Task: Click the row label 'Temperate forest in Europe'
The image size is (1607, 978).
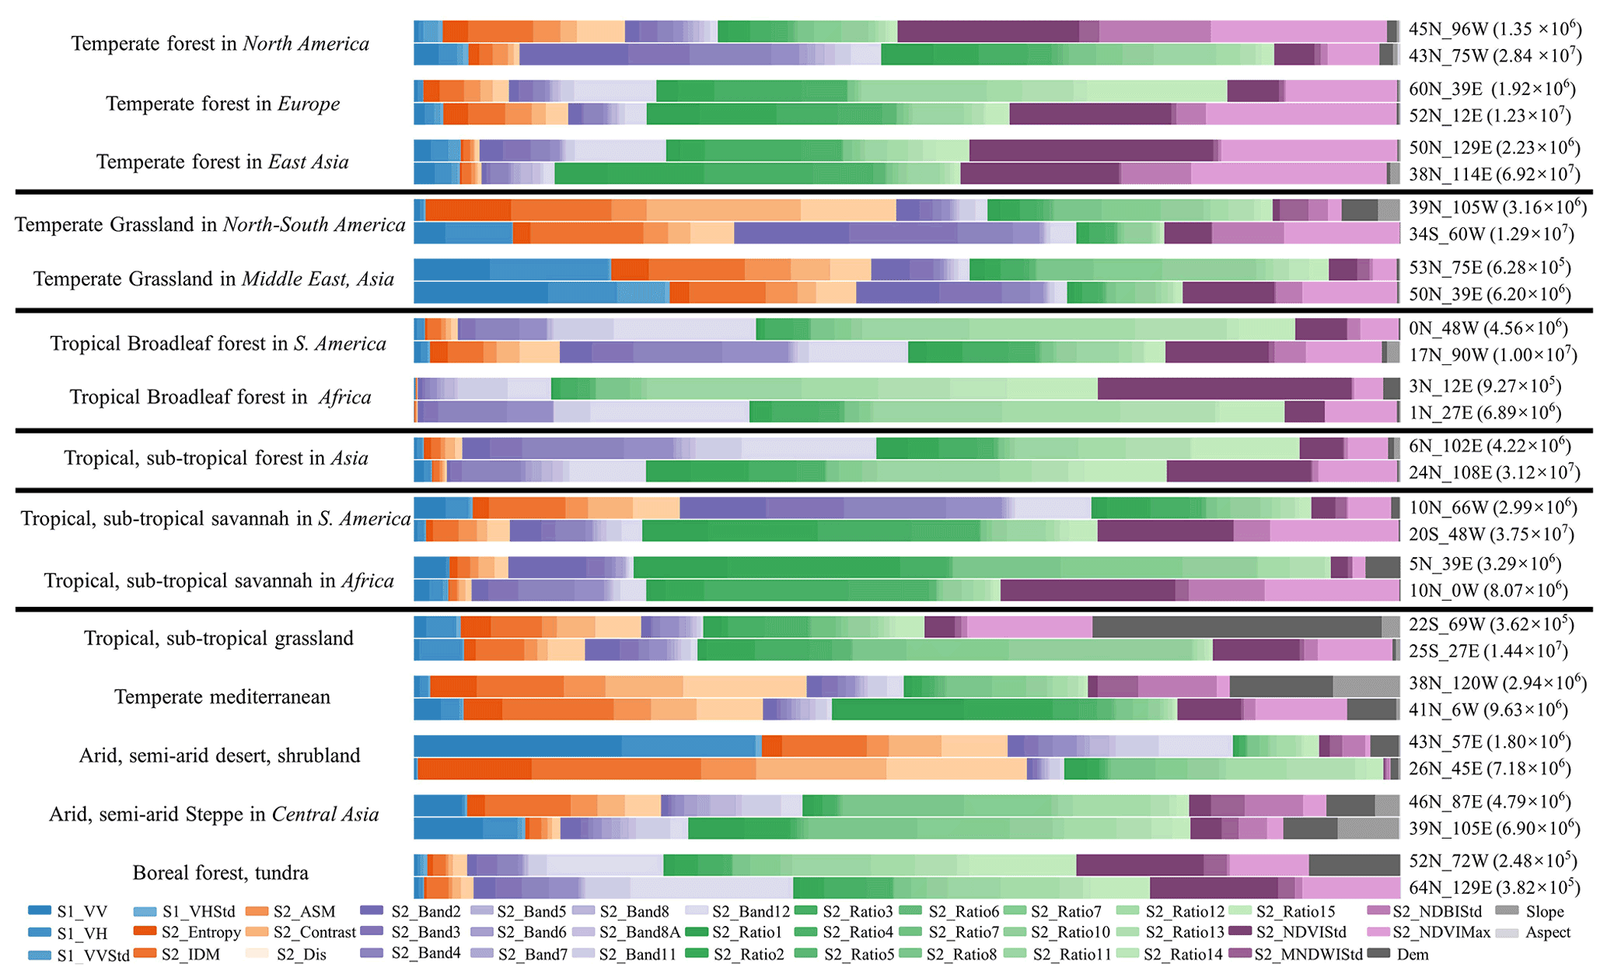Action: tap(222, 103)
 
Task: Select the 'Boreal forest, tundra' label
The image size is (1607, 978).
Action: tap(220, 872)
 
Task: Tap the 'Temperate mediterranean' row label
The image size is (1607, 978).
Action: tap(222, 696)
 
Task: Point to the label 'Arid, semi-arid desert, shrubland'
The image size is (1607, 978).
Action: tap(220, 755)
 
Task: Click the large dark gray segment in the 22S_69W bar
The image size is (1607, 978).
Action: tap(1236, 626)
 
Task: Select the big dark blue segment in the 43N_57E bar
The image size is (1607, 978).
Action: tap(517, 746)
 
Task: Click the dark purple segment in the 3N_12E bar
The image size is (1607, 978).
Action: tap(1224, 388)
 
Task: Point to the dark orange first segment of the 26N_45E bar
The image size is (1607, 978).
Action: tap(474, 769)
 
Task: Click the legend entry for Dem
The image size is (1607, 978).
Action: tap(1412, 954)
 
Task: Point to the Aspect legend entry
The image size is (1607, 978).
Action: tap(1547, 932)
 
